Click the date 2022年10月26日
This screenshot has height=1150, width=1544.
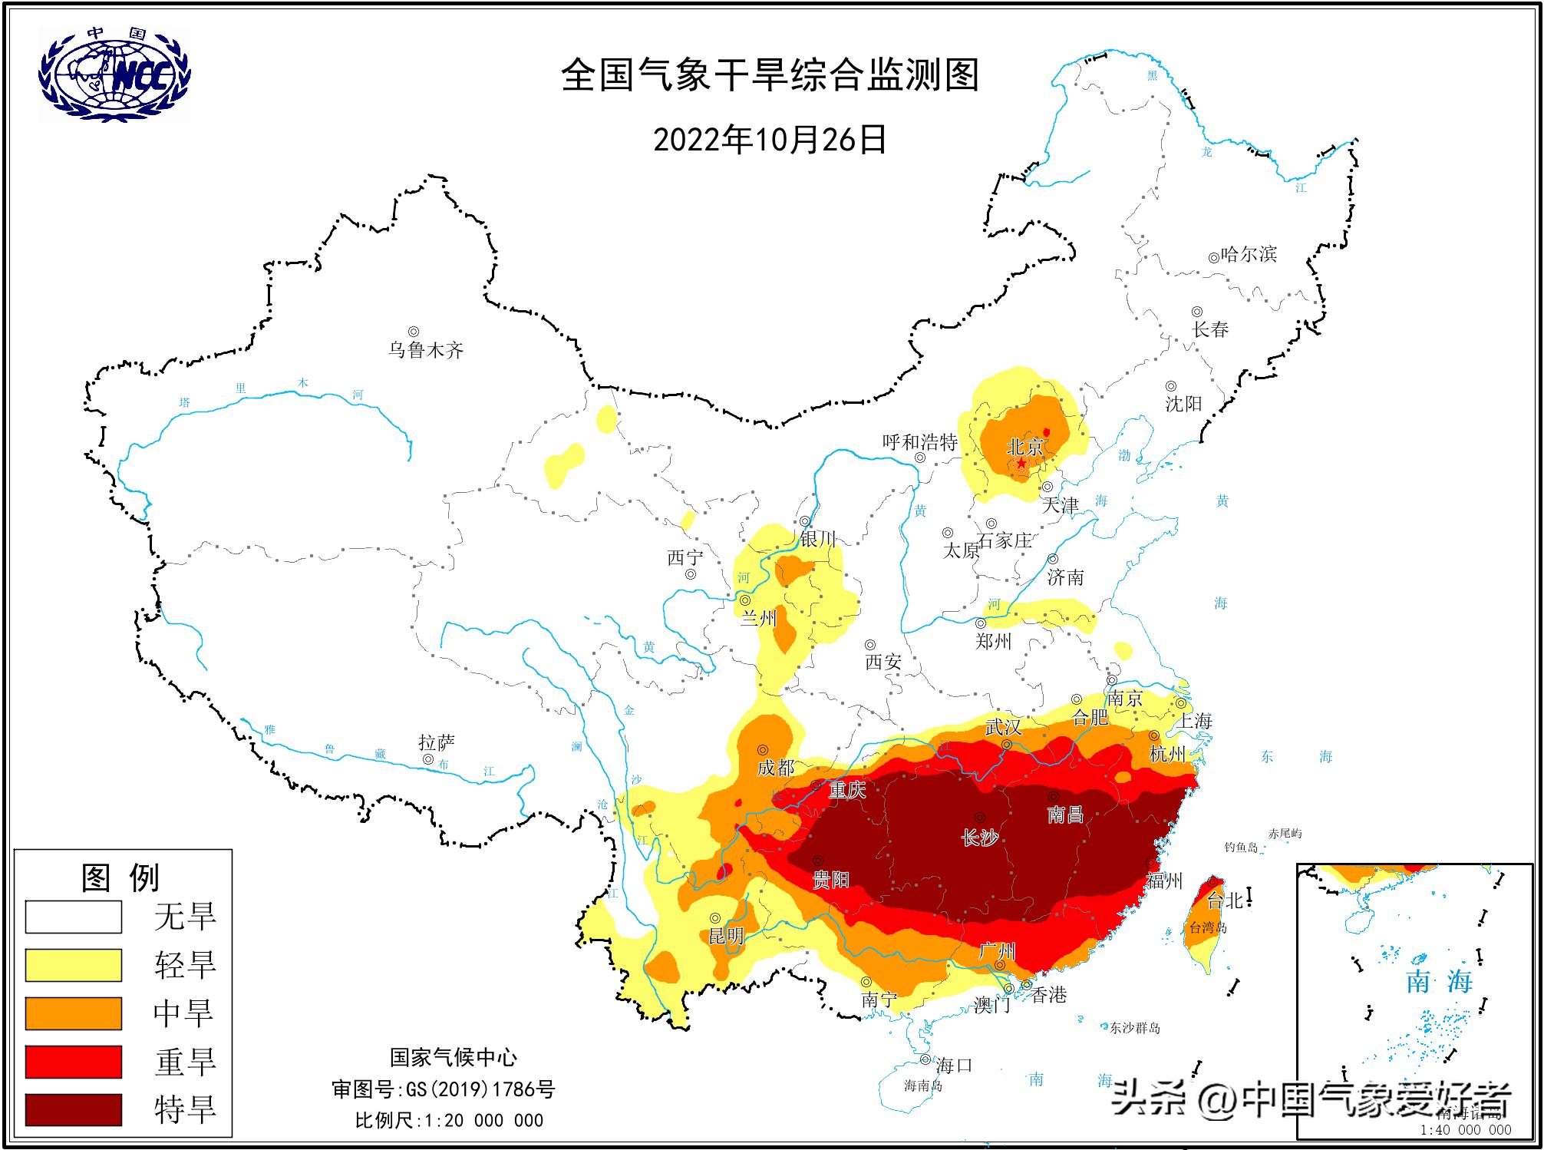(770, 140)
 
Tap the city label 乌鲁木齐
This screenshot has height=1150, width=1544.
(426, 351)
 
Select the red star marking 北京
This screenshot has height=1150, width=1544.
(1021, 463)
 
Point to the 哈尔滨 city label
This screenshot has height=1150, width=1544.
(1249, 254)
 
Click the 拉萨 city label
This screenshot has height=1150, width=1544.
(437, 742)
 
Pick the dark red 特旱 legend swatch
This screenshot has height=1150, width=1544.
(74, 1109)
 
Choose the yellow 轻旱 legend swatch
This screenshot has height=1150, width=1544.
(74, 965)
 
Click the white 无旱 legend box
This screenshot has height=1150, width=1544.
(74, 917)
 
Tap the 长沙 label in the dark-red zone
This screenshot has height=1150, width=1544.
(980, 838)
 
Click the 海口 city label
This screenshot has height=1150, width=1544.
(954, 1065)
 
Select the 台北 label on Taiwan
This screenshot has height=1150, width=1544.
(1225, 901)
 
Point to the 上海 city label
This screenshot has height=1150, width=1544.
(1195, 720)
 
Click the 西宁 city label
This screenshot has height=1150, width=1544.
(685, 557)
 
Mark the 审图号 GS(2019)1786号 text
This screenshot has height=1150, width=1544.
(443, 1089)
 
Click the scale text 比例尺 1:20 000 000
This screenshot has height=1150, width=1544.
(449, 1120)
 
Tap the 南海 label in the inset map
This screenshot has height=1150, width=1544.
(1439, 981)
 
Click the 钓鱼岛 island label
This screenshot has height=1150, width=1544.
(1241, 848)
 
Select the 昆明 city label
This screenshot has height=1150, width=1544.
(725, 936)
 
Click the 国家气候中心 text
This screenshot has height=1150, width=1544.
(453, 1057)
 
